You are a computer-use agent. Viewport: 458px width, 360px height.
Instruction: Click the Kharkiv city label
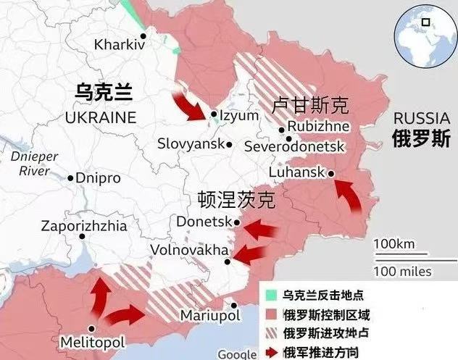120,45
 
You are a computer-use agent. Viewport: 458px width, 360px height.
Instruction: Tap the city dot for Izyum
214,114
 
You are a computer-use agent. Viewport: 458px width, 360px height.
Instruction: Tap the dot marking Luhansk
330,173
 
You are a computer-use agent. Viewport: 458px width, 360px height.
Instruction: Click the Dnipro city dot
71,177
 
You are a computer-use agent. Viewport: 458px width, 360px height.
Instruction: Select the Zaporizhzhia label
83,226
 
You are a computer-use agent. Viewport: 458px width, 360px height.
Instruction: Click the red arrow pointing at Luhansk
351,196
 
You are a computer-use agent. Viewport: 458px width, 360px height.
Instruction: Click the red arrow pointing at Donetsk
260,230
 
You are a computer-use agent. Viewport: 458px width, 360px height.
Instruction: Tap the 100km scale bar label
395,243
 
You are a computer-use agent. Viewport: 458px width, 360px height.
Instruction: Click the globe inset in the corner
424,30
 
